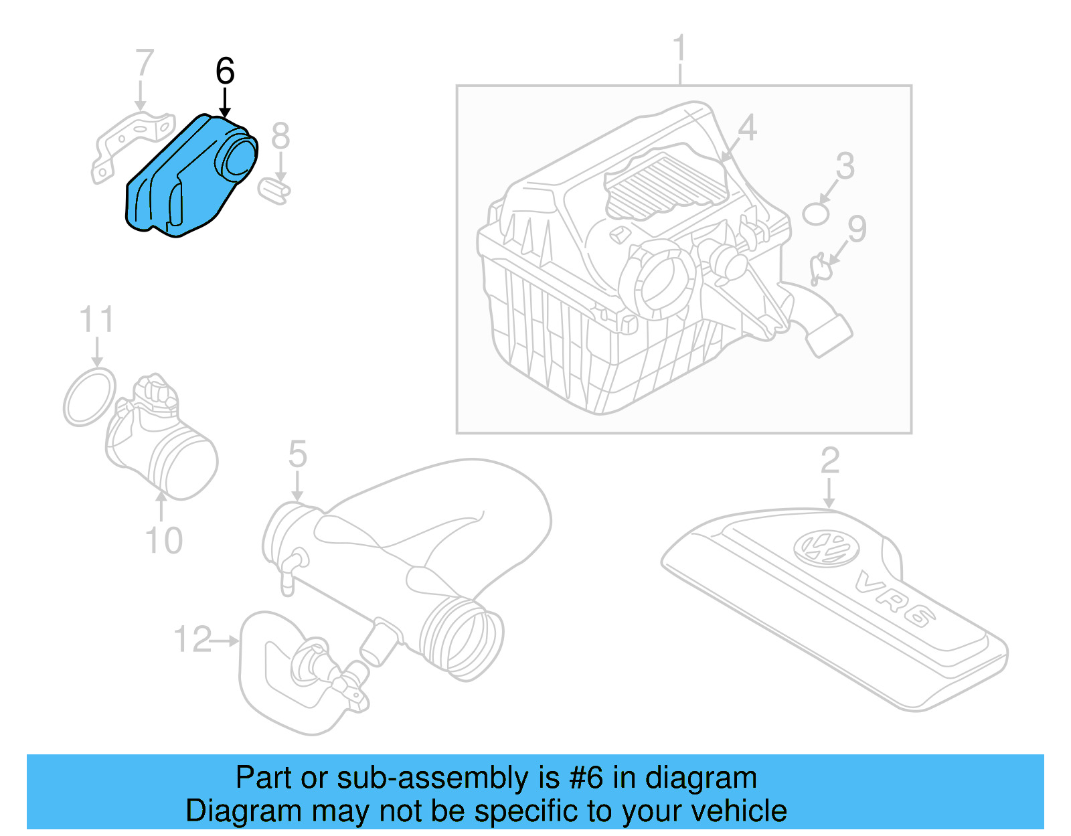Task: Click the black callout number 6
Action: click(225, 71)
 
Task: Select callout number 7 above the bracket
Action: click(144, 63)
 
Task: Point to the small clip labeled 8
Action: click(274, 189)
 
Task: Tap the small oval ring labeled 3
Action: click(816, 214)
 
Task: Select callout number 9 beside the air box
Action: click(857, 229)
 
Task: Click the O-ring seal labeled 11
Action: click(90, 396)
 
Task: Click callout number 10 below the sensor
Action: click(163, 540)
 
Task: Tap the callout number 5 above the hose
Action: click(297, 454)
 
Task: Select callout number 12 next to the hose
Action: click(193, 639)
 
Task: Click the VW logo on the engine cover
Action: click(825, 548)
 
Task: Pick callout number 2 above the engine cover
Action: click(829, 461)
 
